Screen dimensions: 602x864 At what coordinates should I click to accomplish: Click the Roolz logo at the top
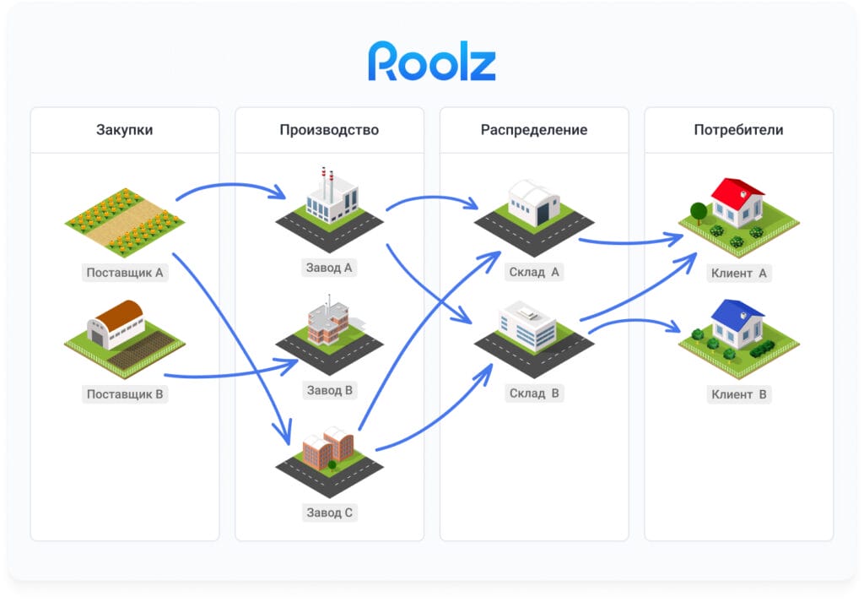(x=431, y=62)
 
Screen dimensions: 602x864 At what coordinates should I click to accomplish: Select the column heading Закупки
(x=124, y=130)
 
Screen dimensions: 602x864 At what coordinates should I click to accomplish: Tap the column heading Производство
(x=329, y=130)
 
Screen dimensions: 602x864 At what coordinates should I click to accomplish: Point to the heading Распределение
(x=534, y=130)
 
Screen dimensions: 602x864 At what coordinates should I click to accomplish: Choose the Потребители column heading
(x=738, y=130)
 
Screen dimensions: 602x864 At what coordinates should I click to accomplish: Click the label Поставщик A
(x=125, y=273)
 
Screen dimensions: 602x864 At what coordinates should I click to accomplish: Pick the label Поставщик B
(x=125, y=393)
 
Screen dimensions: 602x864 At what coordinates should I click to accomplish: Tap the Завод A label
(x=329, y=268)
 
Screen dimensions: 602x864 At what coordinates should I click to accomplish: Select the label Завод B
(x=329, y=390)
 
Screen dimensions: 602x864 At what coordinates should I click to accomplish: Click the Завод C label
(x=329, y=512)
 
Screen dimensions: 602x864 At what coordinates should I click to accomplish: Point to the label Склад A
(x=534, y=272)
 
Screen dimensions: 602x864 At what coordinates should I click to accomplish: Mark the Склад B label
(x=534, y=393)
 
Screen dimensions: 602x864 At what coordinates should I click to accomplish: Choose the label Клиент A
(x=739, y=273)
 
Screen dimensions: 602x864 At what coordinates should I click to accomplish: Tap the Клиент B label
(x=739, y=394)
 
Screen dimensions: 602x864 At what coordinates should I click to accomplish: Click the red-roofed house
(x=737, y=203)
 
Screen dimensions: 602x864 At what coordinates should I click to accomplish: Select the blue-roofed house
(x=737, y=324)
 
